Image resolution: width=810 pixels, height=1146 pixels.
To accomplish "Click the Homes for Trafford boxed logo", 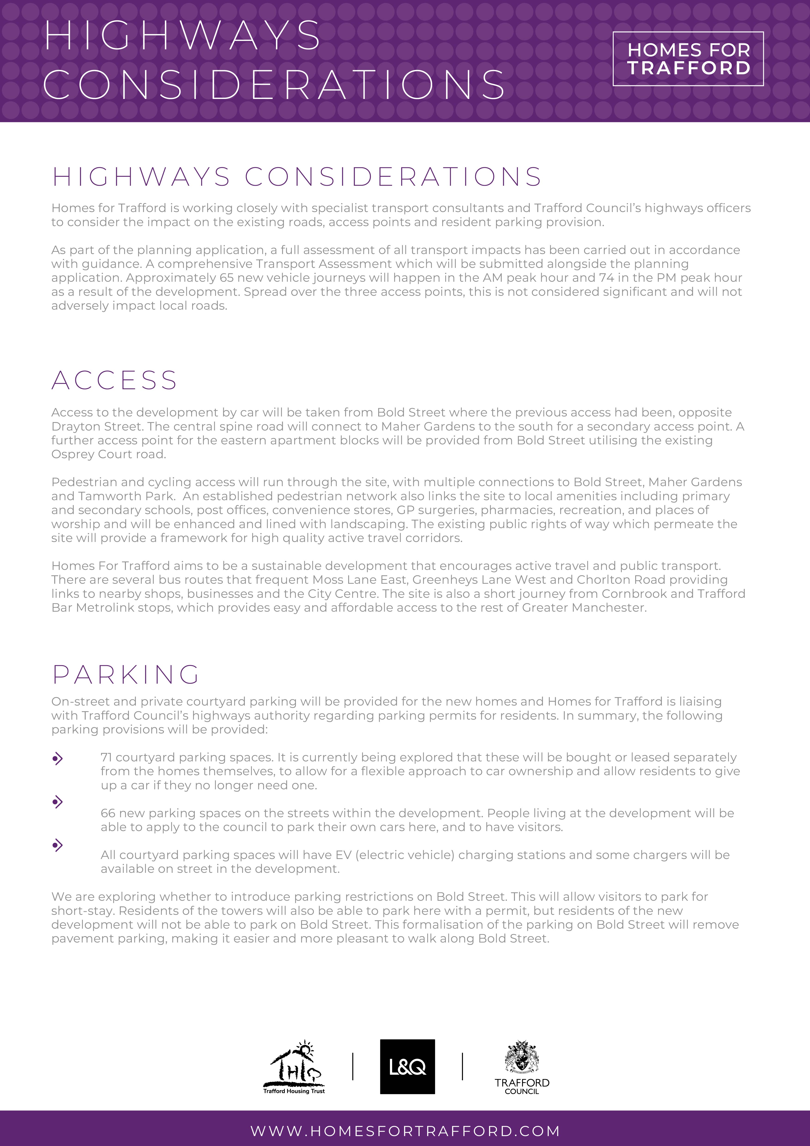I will (688, 59).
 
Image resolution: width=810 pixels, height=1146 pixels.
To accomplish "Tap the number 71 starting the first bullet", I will (106, 758).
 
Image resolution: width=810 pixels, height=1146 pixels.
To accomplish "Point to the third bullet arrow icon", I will (58, 845).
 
